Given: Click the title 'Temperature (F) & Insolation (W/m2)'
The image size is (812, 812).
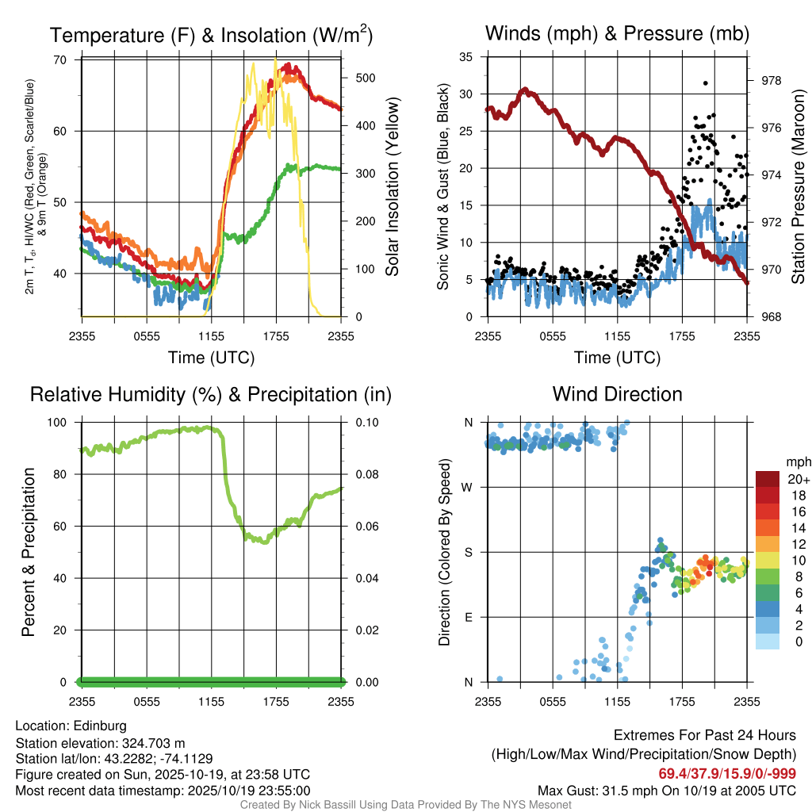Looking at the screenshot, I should (x=211, y=35).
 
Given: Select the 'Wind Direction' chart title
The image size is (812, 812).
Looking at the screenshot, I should (x=617, y=393).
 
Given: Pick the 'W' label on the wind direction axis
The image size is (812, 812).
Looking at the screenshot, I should (x=468, y=487).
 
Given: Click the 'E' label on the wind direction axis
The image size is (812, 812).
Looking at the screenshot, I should (x=469, y=617).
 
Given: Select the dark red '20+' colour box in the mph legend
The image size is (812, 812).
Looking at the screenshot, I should (x=768, y=479).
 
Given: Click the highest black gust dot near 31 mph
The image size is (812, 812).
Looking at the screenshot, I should (x=705, y=82).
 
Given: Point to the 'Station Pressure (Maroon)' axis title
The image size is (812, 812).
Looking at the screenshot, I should (x=798, y=186).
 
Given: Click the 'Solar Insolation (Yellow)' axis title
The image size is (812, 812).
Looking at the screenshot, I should (x=393, y=186).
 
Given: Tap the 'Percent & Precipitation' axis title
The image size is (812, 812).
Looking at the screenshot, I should (x=29, y=552).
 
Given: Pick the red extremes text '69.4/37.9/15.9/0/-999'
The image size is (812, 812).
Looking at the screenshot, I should (x=727, y=774).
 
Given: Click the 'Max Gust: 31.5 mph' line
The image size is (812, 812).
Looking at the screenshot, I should (x=666, y=790).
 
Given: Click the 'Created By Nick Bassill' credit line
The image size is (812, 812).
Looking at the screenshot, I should (x=405, y=805).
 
